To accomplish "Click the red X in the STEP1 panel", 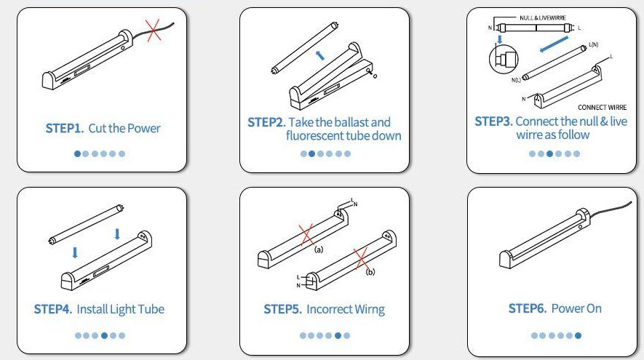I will pos(153,30).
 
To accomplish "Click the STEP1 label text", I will pos(63,129).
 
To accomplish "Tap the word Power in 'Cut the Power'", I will pos(143,129).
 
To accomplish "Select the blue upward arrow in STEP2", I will pos(319,55).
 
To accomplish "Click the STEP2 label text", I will pos(266,122).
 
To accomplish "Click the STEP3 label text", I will pos(493,121).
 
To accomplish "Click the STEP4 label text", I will pos(53,309).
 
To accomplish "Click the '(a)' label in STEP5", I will pos(318,249).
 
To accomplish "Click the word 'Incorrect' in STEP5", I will pos(332,309).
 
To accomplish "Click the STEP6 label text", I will pos(527,309).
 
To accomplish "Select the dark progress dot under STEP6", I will pos(578,335).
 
